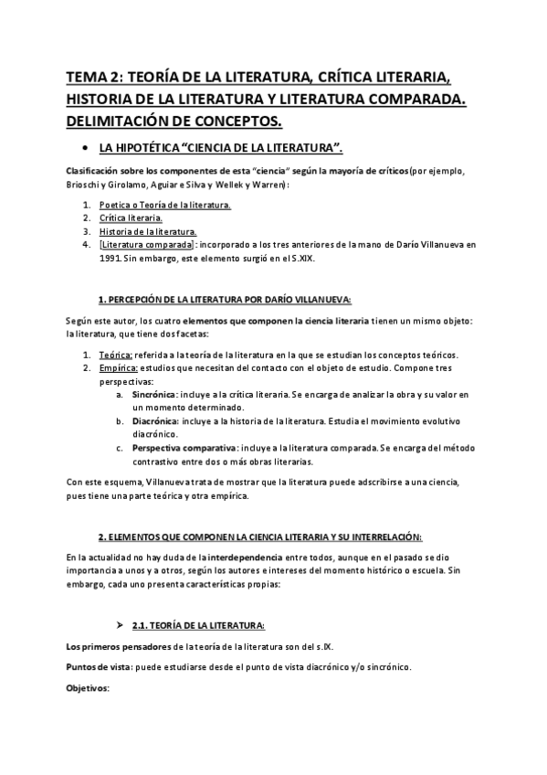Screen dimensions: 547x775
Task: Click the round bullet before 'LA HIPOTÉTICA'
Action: pos(85,147)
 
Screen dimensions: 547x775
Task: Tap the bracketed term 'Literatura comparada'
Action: pos(146,245)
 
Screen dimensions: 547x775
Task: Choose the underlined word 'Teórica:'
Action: pos(116,355)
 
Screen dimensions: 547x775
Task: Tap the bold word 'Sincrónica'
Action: pos(153,394)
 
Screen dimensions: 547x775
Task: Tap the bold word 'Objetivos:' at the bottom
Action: pos(88,688)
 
